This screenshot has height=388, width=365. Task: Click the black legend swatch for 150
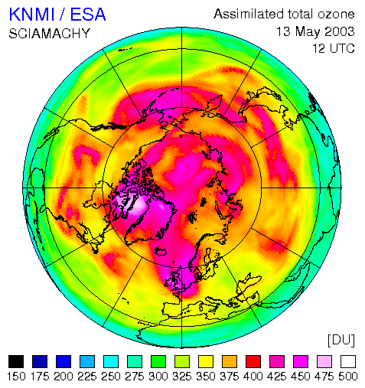[x=16, y=361]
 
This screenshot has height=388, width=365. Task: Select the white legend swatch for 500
[x=348, y=361]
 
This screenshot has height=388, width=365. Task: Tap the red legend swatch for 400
[x=253, y=361]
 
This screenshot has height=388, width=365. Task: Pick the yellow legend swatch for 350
[x=206, y=361]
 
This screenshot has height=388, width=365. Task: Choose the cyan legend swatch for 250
[x=111, y=361]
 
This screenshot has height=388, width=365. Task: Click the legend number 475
[x=324, y=377]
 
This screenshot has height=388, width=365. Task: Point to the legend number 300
[x=158, y=377]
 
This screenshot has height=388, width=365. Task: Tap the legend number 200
[x=64, y=377]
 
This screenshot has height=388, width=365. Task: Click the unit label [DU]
[x=341, y=340]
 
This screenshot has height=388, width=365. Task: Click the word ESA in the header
[x=88, y=15]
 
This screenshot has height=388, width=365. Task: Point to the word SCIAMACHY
[x=50, y=34]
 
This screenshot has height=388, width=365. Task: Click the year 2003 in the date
[x=340, y=31]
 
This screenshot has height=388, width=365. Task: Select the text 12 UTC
[x=334, y=48]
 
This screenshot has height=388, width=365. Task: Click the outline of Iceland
[x=160, y=251]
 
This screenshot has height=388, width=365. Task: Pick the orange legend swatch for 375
[x=230, y=361]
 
